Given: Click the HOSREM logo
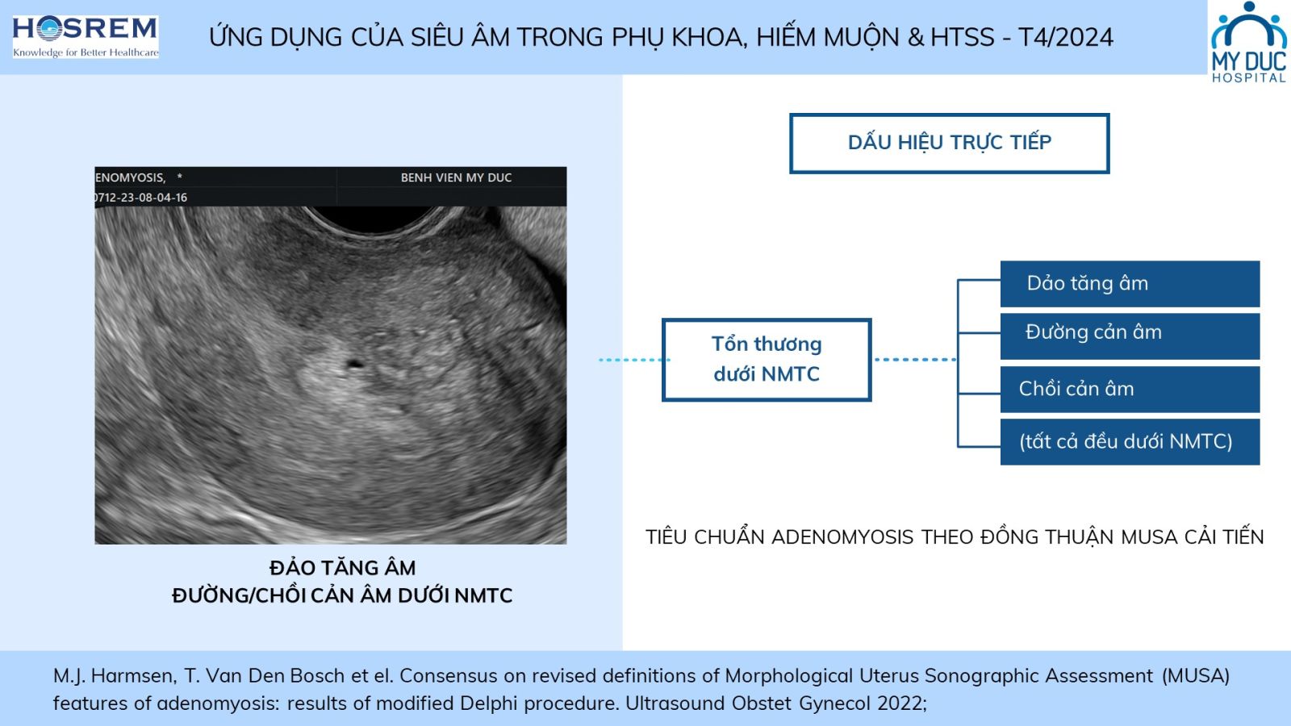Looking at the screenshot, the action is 86,37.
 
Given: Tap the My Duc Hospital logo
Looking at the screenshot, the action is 1249,42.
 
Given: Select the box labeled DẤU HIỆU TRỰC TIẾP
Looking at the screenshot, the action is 949,143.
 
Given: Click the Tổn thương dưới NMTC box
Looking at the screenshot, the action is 767,360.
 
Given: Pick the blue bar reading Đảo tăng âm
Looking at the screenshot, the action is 1130,283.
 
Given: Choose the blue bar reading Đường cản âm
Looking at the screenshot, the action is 1130,336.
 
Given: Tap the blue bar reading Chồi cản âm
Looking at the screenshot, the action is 1130,389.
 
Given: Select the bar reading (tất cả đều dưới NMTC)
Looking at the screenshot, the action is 1130,442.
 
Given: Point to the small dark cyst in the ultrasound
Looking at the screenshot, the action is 354,364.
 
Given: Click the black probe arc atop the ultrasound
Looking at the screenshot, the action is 374,219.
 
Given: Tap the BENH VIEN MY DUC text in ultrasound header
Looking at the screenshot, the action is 456,177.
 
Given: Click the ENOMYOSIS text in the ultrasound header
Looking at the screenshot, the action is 130,177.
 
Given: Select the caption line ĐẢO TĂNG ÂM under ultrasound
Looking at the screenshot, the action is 342,568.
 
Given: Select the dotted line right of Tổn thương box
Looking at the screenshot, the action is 915,360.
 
